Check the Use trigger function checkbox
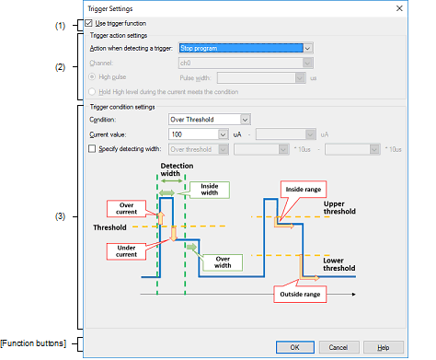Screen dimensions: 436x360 coord(89,23)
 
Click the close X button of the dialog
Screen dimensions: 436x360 coord(399,8)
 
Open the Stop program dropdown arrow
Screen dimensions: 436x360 coord(307,48)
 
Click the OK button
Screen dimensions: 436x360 coord(295,347)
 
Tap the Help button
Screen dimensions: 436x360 coord(384,347)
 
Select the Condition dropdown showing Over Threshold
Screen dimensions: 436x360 coord(210,120)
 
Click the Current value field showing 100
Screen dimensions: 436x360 coord(198,134)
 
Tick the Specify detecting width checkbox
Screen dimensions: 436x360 coord(92,149)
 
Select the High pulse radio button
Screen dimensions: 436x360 coord(92,76)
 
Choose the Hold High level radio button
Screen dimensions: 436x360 coord(92,91)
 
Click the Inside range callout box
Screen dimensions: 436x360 coord(304,189)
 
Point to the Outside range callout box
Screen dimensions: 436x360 coord(300,294)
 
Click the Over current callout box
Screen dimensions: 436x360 coord(126,208)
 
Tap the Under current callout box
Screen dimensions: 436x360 coord(126,251)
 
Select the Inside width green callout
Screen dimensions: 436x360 coord(210,190)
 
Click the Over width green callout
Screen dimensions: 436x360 coord(223,262)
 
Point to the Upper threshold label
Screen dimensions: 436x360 coord(339,208)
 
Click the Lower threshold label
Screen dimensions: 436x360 coord(339,264)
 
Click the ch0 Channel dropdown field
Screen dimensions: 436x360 coord(246,63)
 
